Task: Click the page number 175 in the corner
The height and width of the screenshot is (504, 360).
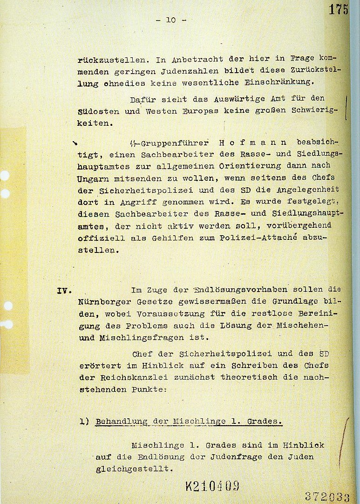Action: click(338, 9)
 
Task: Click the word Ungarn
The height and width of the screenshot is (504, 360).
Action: click(91, 178)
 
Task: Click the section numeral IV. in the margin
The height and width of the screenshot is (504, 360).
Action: click(64, 290)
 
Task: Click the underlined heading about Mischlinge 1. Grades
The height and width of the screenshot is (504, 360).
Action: click(189, 422)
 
